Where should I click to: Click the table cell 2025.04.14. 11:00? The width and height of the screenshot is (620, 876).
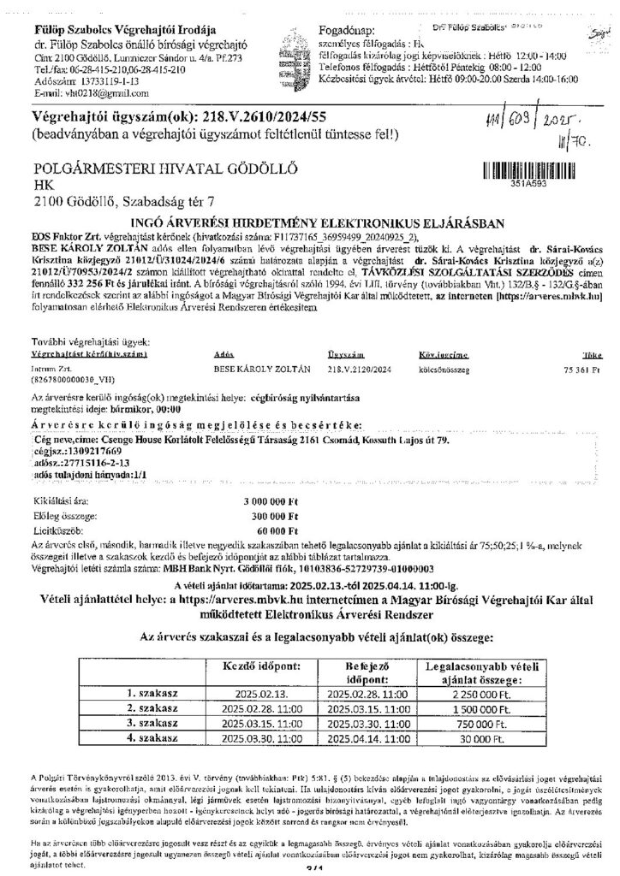(x=368, y=736)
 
